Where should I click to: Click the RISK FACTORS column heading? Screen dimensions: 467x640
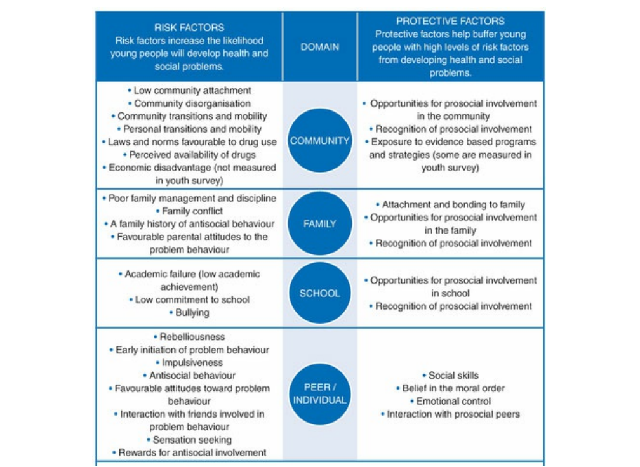(x=189, y=28)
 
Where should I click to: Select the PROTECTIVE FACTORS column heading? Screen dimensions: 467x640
(x=450, y=21)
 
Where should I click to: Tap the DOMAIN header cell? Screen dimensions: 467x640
(x=319, y=47)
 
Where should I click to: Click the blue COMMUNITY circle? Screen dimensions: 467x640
(x=319, y=141)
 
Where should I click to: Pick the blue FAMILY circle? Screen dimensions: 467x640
(x=319, y=224)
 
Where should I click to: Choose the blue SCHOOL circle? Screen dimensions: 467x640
(x=319, y=293)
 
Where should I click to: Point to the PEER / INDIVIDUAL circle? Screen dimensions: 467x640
(x=319, y=393)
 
